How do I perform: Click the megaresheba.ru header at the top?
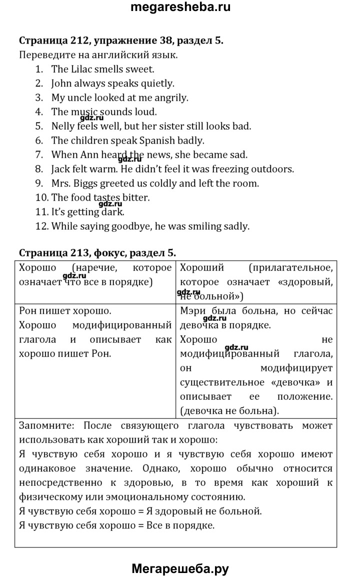(x=180, y=8)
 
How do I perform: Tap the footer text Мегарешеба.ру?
(x=180, y=568)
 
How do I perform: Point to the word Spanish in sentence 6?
(x=151, y=141)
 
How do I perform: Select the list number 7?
(x=39, y=155)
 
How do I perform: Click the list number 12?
(x=40, y=226)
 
